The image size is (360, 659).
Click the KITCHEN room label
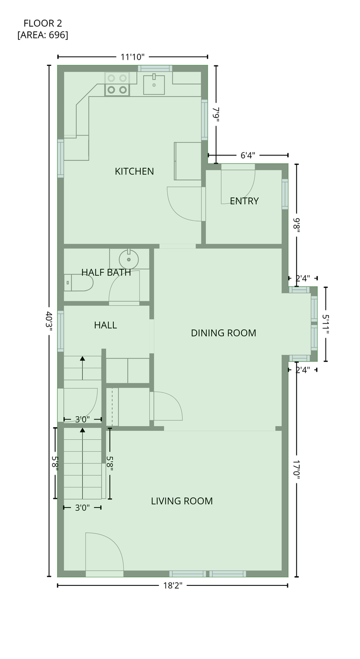click(x=134, y=171)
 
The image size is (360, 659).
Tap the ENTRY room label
click(x=244, y=201)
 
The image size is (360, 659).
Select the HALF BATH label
click(x=106, y=272)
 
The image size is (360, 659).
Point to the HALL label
click(x=106, y=325)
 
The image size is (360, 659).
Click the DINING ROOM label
click(x=224, y=333)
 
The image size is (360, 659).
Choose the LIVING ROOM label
click(x=182, y=501)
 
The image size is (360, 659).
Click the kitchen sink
click(x=153, y=84)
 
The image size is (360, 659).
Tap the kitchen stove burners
click(x=117, y=84)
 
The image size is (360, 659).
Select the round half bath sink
click(x=129, y=259)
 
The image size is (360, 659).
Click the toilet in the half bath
click(x=78, y=283)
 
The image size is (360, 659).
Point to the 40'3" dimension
click(x=48, y=321)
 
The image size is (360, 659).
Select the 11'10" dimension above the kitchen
click(x=132, y=57)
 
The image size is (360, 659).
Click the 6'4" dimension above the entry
click(x=248, y=155)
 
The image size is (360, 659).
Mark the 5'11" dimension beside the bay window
click(x=325, y=324)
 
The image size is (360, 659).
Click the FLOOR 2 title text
click(x=43, y=23)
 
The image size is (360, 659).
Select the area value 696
click(x=57, y=35)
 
